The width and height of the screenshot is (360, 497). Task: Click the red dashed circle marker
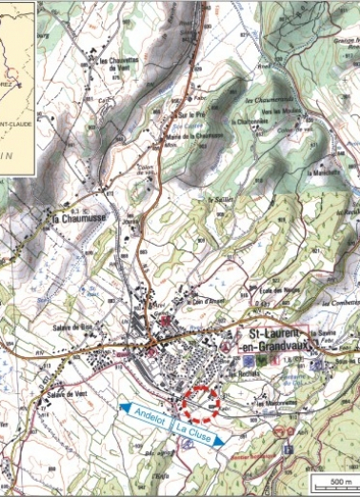coord(202,403)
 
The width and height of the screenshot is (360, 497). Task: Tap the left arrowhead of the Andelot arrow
coord(122,407)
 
